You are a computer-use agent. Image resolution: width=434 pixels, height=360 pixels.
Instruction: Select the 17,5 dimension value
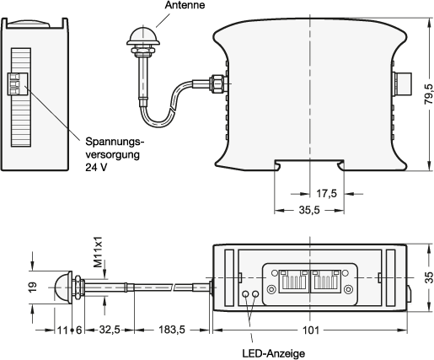click(x=328, y=193)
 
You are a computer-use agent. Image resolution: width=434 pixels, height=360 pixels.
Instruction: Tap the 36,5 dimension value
click(x=309, y=210)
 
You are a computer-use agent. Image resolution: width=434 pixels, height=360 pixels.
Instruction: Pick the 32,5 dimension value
click(x=107, y=330)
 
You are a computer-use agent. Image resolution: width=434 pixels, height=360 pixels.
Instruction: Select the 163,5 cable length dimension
click(x=172, y=330)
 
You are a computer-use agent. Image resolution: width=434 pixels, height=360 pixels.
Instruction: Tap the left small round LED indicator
click(x=245, y=296)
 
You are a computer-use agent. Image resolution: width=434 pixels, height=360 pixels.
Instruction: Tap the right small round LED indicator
click(x=256, y=296)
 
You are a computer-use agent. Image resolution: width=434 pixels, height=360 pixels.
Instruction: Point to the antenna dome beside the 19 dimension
click(x=62, y=287)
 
